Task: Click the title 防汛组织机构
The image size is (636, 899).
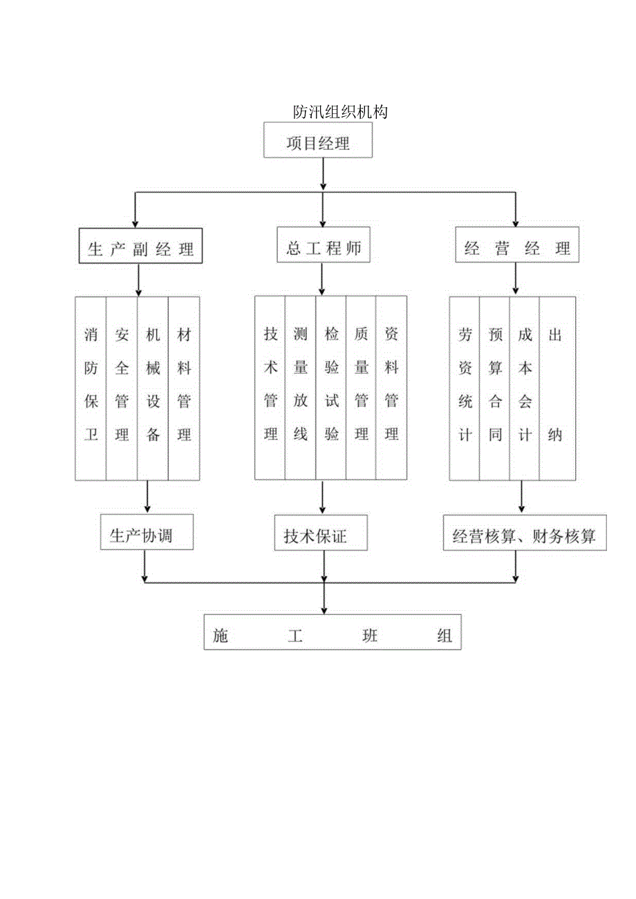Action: click(339, 112)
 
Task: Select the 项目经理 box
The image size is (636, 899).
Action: click(318, 144)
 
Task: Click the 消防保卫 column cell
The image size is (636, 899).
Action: click(91, 388)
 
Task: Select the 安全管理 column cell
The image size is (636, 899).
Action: click(122, 388)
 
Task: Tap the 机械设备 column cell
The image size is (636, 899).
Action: click(153, 388)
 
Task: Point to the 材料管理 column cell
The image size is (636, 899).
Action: click(184, 388)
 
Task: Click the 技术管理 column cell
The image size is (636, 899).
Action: click(270, 388)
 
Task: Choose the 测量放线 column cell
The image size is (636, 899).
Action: click(301, 388)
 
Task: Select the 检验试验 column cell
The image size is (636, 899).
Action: click(331, 388)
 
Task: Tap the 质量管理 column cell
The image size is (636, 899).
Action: click(361, 388)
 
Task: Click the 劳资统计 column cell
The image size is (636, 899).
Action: click(465, 388)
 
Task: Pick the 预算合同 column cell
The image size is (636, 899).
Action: click(495, 388)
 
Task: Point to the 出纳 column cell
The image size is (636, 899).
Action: click(556, 388)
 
